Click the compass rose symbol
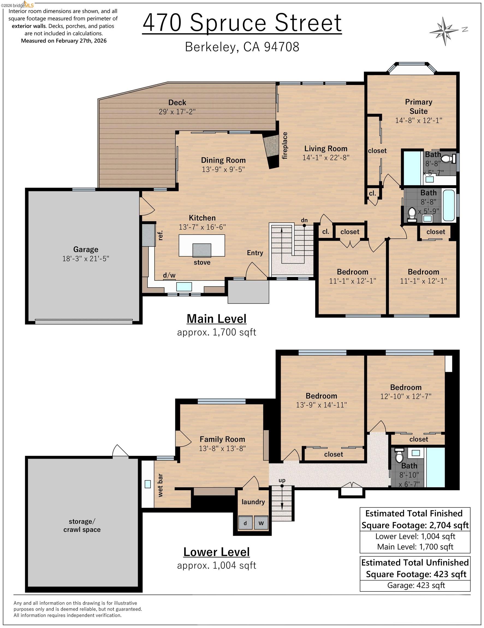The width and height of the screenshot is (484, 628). click(x=445, y=31)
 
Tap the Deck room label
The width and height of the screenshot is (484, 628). click(x=177, y=102)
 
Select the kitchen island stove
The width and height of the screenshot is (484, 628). click(x=201, y=250)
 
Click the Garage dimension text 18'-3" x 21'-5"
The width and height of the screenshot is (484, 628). click(x=85, y=258)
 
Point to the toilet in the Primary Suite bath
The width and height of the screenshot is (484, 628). click(x=447, y=158)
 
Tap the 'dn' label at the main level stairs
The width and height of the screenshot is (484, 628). click(x=304, y=220)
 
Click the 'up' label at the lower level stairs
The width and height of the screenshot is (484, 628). click(x=282, y=480)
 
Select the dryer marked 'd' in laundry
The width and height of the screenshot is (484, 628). click(x=245, y=523)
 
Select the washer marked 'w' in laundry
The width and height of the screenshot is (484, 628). click(x=261, y=523)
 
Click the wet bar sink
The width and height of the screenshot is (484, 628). click(x=148, y=484)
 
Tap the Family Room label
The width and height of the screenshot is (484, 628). click(x=222, y=439)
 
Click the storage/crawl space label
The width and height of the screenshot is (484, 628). click(x=82, y=525)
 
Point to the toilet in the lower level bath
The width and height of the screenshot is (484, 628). click(x=399, y=456)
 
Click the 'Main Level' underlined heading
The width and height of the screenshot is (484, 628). click(x=216, y=319)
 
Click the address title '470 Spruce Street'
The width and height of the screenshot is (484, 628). click(x=242, y=23)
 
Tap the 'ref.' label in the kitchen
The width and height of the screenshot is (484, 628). click(x=160, y=235)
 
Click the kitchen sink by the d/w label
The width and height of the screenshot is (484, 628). click(x=184, y=287)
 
